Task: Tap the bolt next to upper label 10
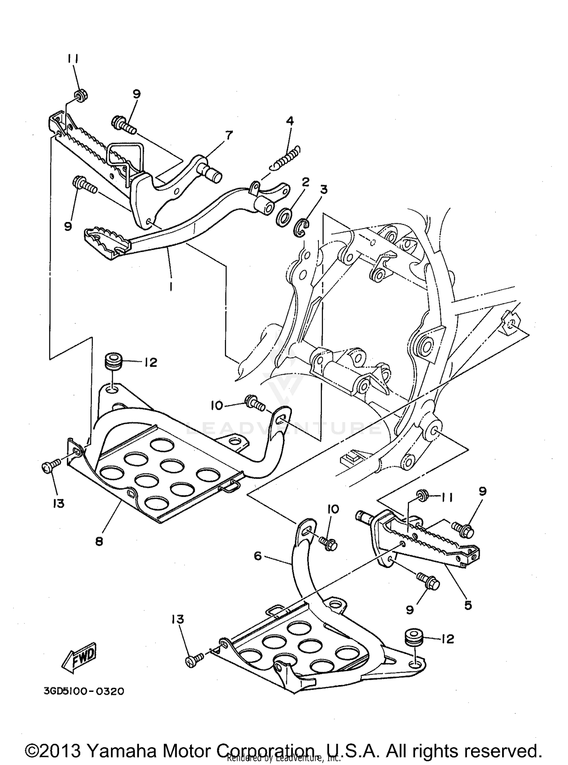(x=254, y=404)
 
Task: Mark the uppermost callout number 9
(x=137, y=94)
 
